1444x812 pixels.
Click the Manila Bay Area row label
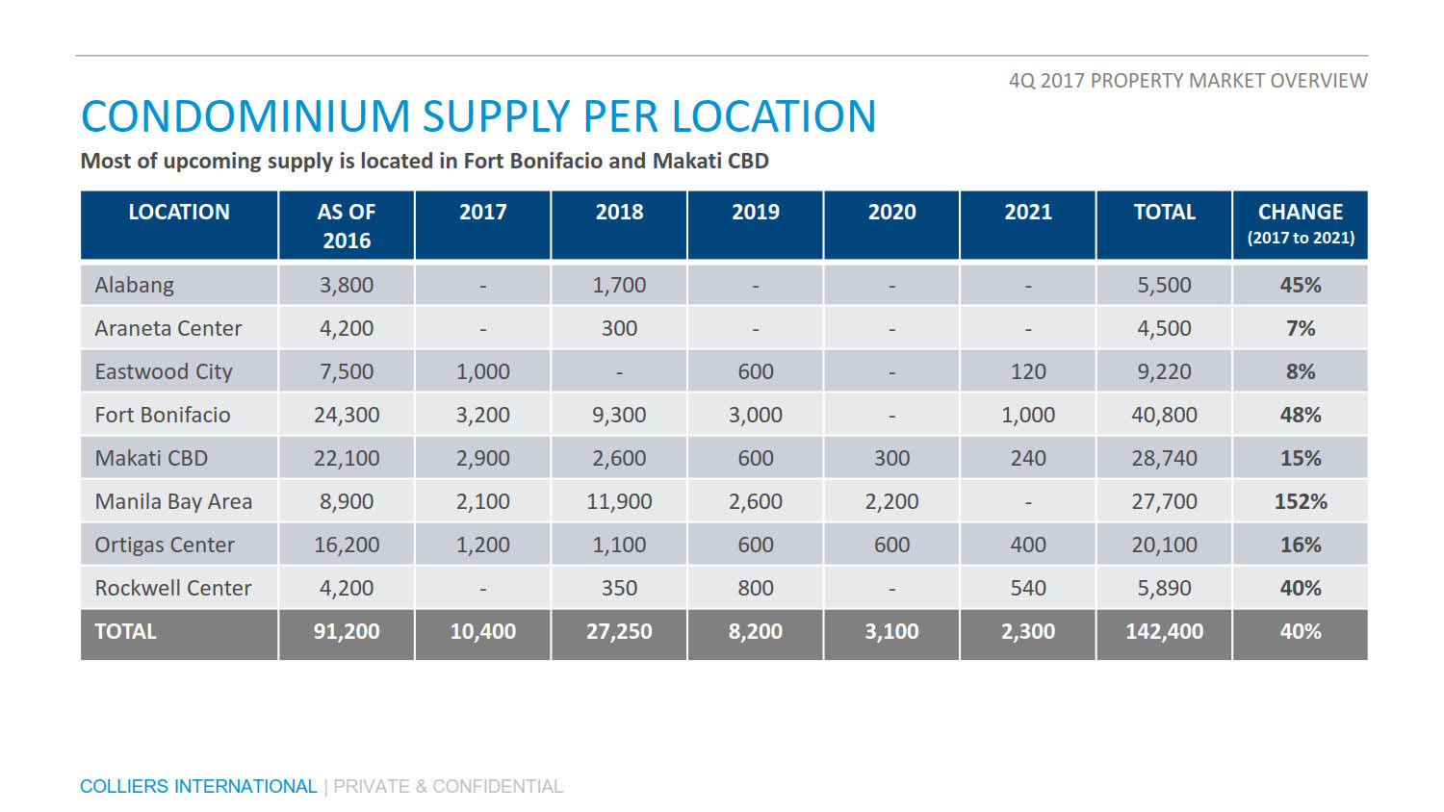coord(173,501)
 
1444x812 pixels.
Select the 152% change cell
coord(1300,501)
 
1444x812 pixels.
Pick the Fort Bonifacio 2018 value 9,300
coord(619,415)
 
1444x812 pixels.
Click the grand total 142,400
coord(1164,631)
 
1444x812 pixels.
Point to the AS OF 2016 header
coord(347,225)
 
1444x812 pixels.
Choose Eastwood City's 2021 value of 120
coord(1028,371)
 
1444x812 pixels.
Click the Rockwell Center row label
coord(173,588)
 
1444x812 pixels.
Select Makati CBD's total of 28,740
coord(1164,458)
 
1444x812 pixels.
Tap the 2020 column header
coord(891,212)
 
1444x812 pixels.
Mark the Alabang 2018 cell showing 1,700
coord(619,285)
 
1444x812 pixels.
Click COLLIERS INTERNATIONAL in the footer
coord(198,786)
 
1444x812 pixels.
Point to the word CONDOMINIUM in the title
coord(245,116)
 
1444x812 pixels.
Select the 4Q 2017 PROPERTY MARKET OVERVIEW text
coord(1187,81)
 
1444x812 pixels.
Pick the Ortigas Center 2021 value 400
coord(1028,545)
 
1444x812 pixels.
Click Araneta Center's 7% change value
coord(1300,328)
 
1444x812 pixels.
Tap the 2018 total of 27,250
coord(619,631)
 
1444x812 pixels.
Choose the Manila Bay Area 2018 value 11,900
coord(619,501)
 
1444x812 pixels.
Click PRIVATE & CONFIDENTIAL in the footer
coord(448,786)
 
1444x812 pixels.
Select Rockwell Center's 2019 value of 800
coord(756,588)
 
